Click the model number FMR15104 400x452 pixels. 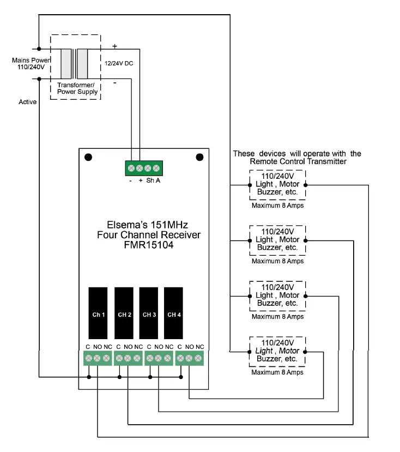pyautogui.click(x=144, y=245)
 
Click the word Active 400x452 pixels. pyautogui.click(x=28, y=102)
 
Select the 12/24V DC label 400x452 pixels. pyautogui.click(x=119, y=64)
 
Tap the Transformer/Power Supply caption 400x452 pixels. pyautogui.click(x=77, y=88)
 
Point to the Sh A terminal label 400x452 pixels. pyautogui.click(x=153, y=180)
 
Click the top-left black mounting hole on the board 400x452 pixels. pyautogui.click(x=88, y=158)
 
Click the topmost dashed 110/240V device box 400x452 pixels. pyautogui.click(x=277, y=185)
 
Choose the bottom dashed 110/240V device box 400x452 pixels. pyautogui.click(x=277, y=352)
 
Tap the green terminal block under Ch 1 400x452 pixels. pyautogui.click(x=97, y=358)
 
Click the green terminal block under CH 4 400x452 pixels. pyautogui.click(x=189, y=358)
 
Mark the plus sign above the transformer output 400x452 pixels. pyautogui.click(x=115, y=46)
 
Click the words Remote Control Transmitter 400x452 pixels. pyautogui.click(x=298, y=161)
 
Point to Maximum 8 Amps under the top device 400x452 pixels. pyautogui.click(x=277, y=206)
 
